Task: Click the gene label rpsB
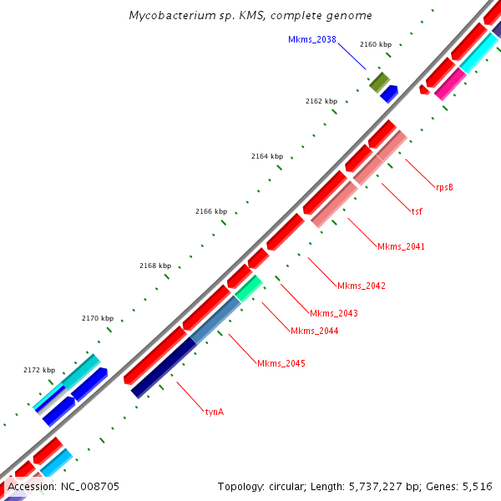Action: coord(444,187)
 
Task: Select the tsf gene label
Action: coord(416,210)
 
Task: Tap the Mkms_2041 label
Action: coord(401,246)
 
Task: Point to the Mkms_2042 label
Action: coord(361,286)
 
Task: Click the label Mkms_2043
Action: coord(333,313)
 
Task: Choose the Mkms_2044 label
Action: coord(314,331)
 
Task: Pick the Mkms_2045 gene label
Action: coord(281,363)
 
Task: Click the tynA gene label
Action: coord(214,412)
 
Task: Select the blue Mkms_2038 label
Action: coord(311,40)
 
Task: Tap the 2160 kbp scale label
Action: coord(375,44)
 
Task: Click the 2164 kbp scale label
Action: coord(267,156)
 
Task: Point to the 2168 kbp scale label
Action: coord(154,266)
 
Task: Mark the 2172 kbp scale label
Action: coord(39,370)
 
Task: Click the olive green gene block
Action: coord(379,81)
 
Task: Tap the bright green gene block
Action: coord(249,288)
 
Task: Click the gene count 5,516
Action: coord(477,486)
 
